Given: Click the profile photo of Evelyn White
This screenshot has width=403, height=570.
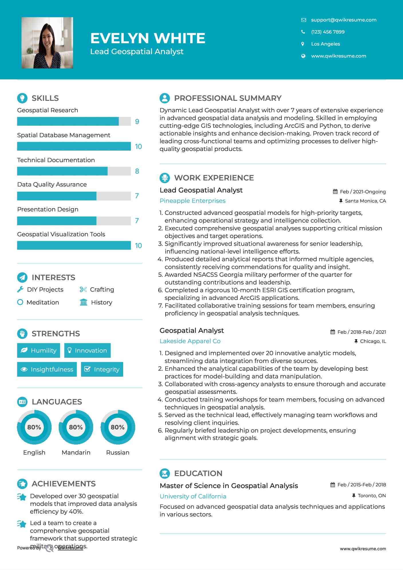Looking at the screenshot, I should tap(47, 43).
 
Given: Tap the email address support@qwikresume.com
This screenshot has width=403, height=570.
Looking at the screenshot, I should tap(343, 20).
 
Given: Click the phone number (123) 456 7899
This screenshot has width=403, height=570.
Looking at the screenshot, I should tap(328, 32).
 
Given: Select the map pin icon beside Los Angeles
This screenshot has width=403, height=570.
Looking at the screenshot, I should tap(303, 44).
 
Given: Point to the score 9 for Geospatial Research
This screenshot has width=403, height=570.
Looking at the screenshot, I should tap(137, 122).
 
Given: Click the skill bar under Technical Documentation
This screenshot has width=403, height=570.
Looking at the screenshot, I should tap(74, 171).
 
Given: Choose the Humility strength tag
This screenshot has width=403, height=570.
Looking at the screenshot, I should tap(39, 350).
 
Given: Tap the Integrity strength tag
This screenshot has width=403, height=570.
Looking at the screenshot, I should tap(102, 369).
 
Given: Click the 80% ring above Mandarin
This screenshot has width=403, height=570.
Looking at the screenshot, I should tap(76, 427).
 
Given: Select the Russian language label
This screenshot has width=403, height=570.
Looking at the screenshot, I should tap(117, 452).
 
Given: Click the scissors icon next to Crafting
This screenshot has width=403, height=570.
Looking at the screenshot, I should tap(83, 290).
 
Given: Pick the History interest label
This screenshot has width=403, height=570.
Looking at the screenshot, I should tap(101, 302).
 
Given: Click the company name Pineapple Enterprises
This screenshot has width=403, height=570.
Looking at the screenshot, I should tap(192, 201).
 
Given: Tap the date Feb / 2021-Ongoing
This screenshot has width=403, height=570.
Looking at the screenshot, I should tap(363, 192).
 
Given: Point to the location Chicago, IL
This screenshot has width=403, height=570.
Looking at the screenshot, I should tap(373, 341).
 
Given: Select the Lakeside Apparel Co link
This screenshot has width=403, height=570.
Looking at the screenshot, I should tap(190, 341).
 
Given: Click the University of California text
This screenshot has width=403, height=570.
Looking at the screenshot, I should tap(193, 496).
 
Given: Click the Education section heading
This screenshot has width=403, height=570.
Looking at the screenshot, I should tap(198, 473).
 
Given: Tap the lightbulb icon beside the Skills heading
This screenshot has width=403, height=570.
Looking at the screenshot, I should tap(22, 98).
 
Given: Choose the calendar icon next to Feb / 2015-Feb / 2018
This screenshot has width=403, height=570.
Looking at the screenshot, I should tap(333, 485).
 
